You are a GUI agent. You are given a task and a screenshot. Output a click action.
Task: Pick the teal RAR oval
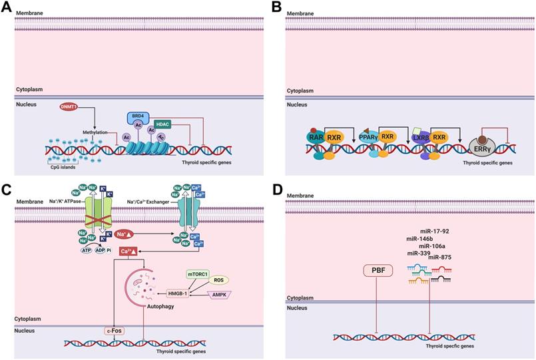tap(316, 138)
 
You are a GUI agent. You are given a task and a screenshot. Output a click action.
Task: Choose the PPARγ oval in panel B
tap(368, 138)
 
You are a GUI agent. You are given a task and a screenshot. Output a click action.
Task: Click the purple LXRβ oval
tap(419, 138)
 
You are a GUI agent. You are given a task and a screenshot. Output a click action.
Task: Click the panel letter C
tap(7, 190)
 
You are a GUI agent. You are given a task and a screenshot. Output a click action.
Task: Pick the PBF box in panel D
tap(377, 271)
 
